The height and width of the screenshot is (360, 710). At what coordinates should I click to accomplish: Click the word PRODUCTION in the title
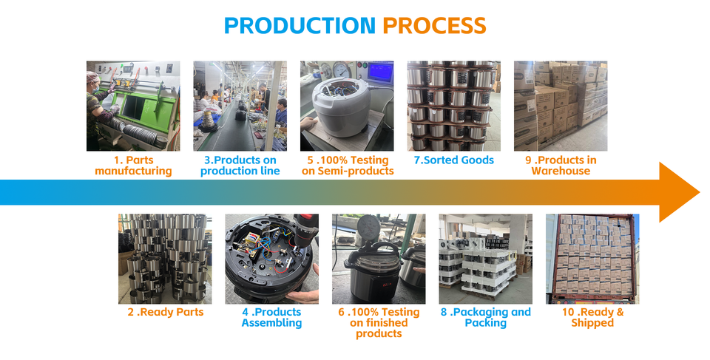coord(300,25)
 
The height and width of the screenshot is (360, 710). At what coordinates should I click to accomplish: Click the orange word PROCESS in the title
coord(434,25)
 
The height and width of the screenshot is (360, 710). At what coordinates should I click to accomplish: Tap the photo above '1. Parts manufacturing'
coord(133,106)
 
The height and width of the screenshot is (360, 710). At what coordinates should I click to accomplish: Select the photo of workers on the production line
coord(240,106)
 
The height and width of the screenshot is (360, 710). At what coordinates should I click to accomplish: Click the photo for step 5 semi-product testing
coord(347,106)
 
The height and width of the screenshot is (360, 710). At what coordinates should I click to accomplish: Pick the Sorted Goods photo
coord(453,106)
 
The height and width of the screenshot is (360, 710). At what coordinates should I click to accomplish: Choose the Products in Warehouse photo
coord(560,106)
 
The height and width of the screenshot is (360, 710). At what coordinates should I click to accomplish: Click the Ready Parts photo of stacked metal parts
coord(165,259)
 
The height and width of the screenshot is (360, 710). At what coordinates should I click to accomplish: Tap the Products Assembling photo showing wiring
coord(271,259)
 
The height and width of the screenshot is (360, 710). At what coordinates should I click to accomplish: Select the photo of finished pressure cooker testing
coord(379,259)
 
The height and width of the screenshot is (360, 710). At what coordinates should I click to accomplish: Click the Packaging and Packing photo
coord(485,259)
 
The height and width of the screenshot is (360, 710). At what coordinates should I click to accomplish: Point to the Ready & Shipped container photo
coord(592,259)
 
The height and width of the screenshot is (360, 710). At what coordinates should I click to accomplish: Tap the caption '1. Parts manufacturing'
coord(133,166)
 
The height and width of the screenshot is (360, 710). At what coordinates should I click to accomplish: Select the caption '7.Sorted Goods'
coord(453,160)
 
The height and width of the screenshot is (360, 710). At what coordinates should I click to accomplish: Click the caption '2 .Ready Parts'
coord(165,312)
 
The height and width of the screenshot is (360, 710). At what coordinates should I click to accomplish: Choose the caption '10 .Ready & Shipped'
coord(592,317)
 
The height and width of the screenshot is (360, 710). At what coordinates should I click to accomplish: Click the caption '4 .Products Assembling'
coord(271,317)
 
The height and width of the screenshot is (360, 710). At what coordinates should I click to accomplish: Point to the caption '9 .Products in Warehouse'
coord(560,166)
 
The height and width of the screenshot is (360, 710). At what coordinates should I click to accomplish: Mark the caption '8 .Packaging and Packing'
coord(485,317)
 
